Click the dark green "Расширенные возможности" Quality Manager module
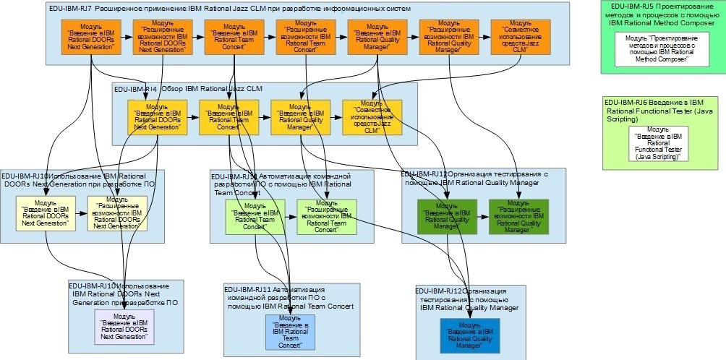[518, 216]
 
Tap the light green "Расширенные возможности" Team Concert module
[325, 216]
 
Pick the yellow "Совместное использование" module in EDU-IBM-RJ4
[372, 117]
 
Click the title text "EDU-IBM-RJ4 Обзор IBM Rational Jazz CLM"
[187, 88]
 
